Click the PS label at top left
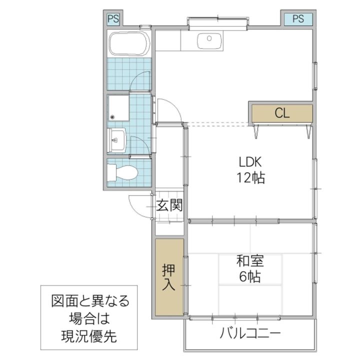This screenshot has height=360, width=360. click(113, 19)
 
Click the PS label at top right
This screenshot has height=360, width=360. click(298, 19)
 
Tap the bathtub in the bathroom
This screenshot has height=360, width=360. click(129, 44)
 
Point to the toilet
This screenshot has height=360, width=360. click(122, 172)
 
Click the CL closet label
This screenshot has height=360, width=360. click(282, 113)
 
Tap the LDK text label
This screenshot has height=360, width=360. click(250, 162)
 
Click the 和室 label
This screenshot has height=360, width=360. click(250, 261)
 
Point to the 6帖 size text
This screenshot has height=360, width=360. click(250, 276)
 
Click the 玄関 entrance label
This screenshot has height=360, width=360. click(167, 205)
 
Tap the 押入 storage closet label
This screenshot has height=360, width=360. click(168, 277)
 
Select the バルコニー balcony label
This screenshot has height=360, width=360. click(250, 333)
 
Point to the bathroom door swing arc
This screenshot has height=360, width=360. click(140, 80)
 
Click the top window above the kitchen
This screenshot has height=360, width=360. click(217, 21)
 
